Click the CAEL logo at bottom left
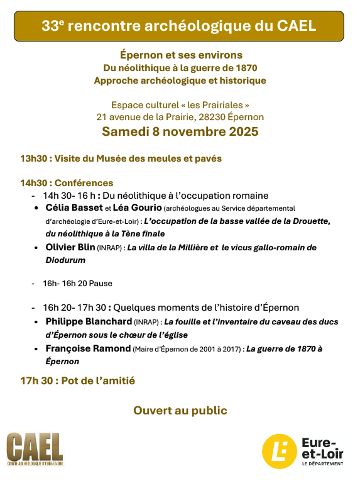pos(35,449)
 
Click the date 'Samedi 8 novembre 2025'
pos(180,132)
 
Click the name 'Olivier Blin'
pos(70,247)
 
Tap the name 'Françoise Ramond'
pos(88,348)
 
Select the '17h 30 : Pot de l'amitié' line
pos(77,380)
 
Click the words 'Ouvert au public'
pos(180,411)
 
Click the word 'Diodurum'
pos(65,260)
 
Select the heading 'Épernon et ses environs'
pos(180,55)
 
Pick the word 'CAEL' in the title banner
pos(295,26)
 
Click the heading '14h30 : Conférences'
pos(67,183)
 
